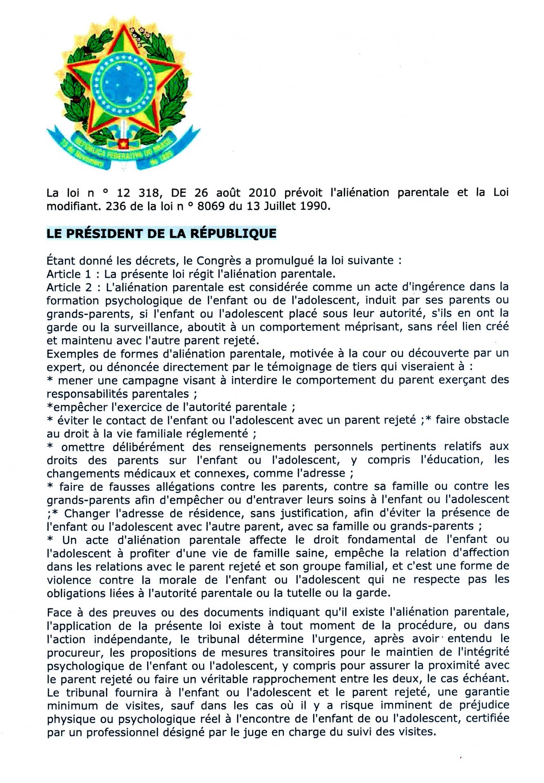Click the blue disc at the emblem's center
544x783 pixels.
pyautogui.click(x=123, y=82)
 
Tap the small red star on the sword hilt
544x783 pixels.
pyautogui.click(x=123, y=144)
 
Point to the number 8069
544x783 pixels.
pyautogui.click(x=211, y=206)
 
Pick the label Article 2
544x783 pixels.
pyautogui.click(x=69, y=287)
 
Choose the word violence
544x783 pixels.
pyautogui.click(x=69, y=580)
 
